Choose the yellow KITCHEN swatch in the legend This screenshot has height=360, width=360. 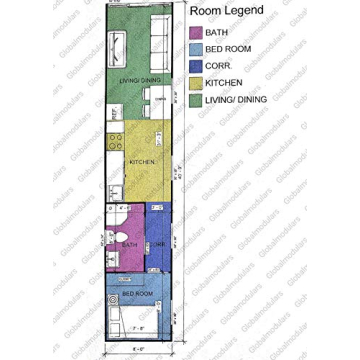pyautogui.click(x=196, y=84)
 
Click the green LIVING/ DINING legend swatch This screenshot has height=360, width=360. pyautogui.click(x=196, y=101)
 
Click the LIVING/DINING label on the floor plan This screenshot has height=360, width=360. pyautogui.click(x=138, y=79)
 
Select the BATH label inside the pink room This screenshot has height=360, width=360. pyautogui.click(x=128, y=243)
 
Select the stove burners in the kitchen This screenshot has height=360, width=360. pyautogui.click(x=115, y=140)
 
